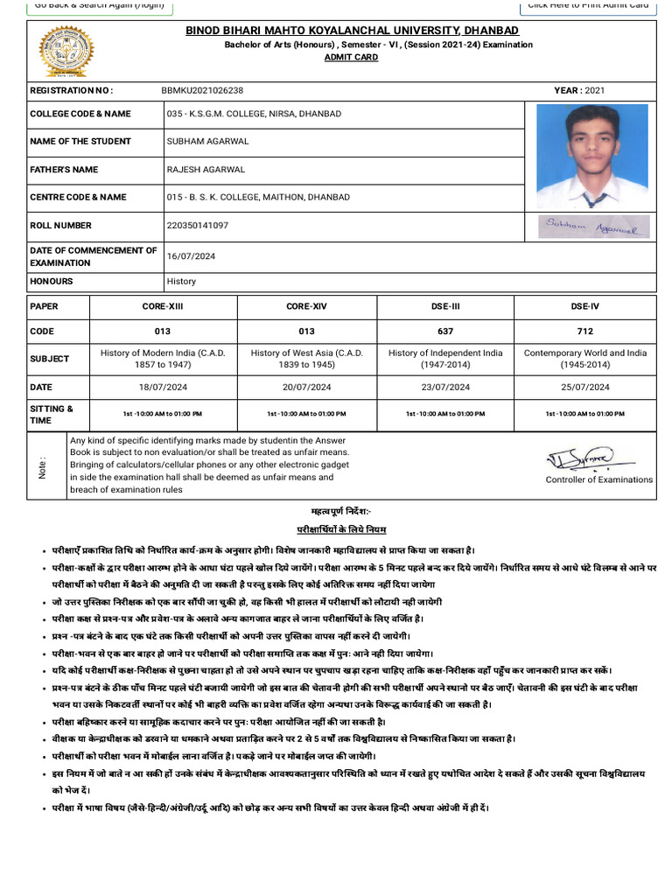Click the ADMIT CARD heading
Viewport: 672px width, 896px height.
[353, 57]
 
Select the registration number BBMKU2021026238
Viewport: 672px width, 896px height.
[203, 90]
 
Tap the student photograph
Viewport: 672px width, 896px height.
[591, 156]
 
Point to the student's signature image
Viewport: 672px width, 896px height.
[591, 227]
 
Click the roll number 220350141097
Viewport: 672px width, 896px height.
[198, 225]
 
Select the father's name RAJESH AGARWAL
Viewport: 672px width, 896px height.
[206, 169]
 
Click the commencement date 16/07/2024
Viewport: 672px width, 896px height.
[191, 256]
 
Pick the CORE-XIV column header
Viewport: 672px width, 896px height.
[306, 306]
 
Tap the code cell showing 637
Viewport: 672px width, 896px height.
[445, 332]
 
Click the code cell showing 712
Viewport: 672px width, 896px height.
[584, 332]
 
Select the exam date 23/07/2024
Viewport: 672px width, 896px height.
[445, 387]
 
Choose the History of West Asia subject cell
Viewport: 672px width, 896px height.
[306, 359]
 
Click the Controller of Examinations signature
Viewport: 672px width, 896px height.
[580, 458]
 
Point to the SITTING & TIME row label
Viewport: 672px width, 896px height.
[52, 414]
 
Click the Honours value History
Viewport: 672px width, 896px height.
[181, 282]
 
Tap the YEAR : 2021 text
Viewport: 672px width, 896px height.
[579, 90]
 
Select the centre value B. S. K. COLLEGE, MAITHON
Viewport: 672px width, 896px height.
[258, 197]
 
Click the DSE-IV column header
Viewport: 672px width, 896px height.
[584, 306]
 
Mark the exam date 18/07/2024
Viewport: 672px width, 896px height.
[163, 387]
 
